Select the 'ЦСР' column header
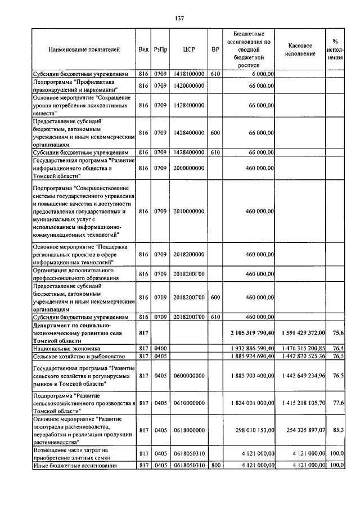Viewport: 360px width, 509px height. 188,49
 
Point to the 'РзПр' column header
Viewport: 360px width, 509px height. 160,49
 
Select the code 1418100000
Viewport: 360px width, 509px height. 188,74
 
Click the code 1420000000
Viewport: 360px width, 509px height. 188,85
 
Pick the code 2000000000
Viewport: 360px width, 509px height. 188,168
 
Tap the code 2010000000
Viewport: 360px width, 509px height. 188,211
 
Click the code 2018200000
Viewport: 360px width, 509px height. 188,254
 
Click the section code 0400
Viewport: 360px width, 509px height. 160,349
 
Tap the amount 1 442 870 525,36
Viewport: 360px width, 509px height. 301,356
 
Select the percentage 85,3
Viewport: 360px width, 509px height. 338,430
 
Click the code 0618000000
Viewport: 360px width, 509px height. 188,430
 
